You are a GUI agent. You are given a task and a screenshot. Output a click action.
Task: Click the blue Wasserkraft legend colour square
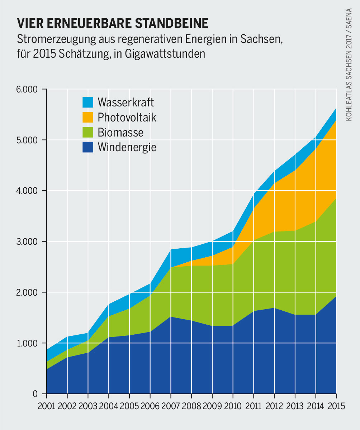tap(87, 102)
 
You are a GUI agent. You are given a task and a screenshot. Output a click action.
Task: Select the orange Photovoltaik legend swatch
tap(87, 117)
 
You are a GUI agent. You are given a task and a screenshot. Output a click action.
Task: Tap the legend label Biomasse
tap(120, 133)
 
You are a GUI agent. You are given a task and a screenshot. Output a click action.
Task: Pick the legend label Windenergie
tap(127, 147)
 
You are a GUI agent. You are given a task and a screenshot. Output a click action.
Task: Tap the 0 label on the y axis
tap(35, 395)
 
